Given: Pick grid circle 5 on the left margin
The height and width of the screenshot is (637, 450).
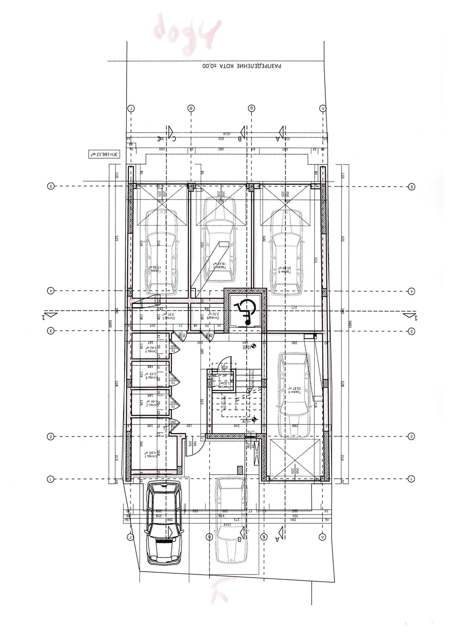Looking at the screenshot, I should tap(51, 186).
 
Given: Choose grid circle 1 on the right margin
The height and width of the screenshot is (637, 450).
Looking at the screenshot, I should tap(411, 479).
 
